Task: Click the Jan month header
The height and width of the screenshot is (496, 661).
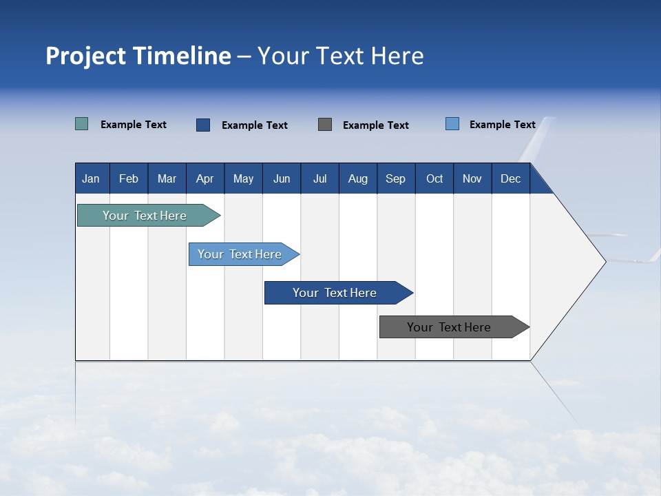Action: click(x=92, y=178)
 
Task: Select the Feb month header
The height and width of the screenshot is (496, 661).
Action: click(x=129, y=178)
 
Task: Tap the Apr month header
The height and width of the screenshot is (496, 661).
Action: click(x=205, y=178)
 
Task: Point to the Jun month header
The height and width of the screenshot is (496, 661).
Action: click(x=282, y=178)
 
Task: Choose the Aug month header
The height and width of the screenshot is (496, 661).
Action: click(x=358, y=178)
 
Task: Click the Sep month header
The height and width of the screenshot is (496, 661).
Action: click(x=396, y=178)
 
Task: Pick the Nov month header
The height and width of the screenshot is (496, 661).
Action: click(x=472, y=178)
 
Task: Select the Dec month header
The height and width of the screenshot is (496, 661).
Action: click(x=511, y=178)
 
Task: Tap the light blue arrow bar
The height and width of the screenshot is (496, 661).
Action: click(x=240, y=254)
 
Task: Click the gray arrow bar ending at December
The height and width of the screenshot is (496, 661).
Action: click(x=450, y=327)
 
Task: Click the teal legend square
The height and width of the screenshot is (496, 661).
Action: click(x=82, y=124)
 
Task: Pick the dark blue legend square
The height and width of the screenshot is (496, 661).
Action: click(x=203, y=125)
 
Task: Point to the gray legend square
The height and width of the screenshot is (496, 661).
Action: click(x=325, y=124)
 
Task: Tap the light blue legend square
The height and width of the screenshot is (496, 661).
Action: click(x=452, y=124)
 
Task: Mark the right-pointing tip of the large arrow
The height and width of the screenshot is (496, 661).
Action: click(x=604, y=261)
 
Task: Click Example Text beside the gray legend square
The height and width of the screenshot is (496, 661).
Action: click(x=375, y=125)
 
